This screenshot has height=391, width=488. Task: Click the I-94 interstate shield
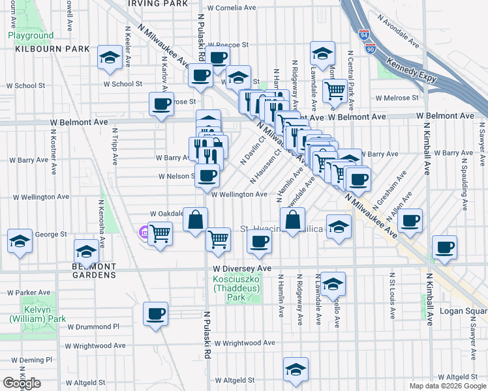click(x=364, y=34)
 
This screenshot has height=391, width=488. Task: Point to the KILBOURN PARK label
click(x=44, y=49)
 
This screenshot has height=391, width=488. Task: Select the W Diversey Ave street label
click(x=241, y=268)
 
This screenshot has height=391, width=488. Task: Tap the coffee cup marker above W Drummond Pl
click(x=156, y=313)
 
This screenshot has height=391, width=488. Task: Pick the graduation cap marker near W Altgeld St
click(x=296, y=369)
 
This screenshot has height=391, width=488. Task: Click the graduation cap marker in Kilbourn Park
click(x=110, y=57)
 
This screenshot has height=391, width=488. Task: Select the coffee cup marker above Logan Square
click(x=444, y=247)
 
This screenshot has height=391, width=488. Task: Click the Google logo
click(x=22, y=383)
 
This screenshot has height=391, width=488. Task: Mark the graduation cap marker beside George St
click(x=20, y=240)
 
